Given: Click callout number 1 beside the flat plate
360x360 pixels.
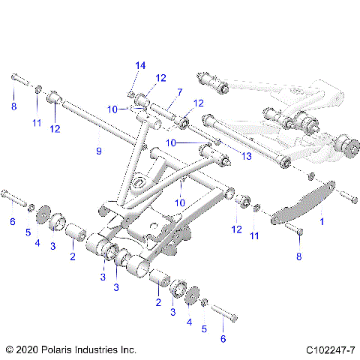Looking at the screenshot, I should [322, 222].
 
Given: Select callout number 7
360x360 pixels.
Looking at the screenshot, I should [179, 92].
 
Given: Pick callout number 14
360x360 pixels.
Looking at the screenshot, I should [139, 65].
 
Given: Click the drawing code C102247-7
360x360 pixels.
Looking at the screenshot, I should [330, 349].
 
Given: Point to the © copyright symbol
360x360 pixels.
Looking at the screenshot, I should [9, 349].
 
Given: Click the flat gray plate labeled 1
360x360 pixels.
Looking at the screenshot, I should [304, 200].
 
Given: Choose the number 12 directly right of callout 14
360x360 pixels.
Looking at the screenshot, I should [160, 78].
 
